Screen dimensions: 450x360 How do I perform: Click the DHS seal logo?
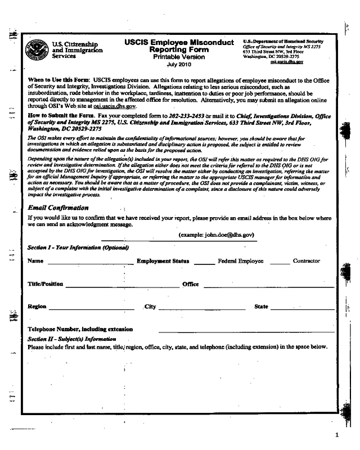click(x=37, y=49)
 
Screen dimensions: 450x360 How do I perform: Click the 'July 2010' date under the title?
click(x=179, y=65)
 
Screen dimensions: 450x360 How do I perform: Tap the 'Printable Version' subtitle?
click(x=179, y=57)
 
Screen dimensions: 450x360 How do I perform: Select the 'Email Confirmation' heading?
click(x=58, y=208)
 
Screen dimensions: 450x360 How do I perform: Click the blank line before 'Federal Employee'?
click(x=205, y=262)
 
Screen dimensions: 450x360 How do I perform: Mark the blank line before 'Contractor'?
click(x=280, y=262)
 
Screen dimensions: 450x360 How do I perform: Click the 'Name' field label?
click(x=35, y=261)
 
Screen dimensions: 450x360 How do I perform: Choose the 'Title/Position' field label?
click(x=46, y=284)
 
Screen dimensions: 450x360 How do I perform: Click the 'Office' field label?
click(x=190, y=284)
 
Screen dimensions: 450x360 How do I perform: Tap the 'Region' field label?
click(x=37, y=307)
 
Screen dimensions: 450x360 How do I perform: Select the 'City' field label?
click(x=150, y=307)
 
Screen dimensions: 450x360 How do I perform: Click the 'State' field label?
click(x=261, y=307)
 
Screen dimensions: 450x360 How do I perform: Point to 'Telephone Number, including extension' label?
click(x=80, y=329)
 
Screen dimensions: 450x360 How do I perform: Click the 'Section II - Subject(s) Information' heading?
click(x=71, y=339)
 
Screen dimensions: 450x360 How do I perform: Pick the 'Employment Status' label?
click(x=163, y=261)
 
